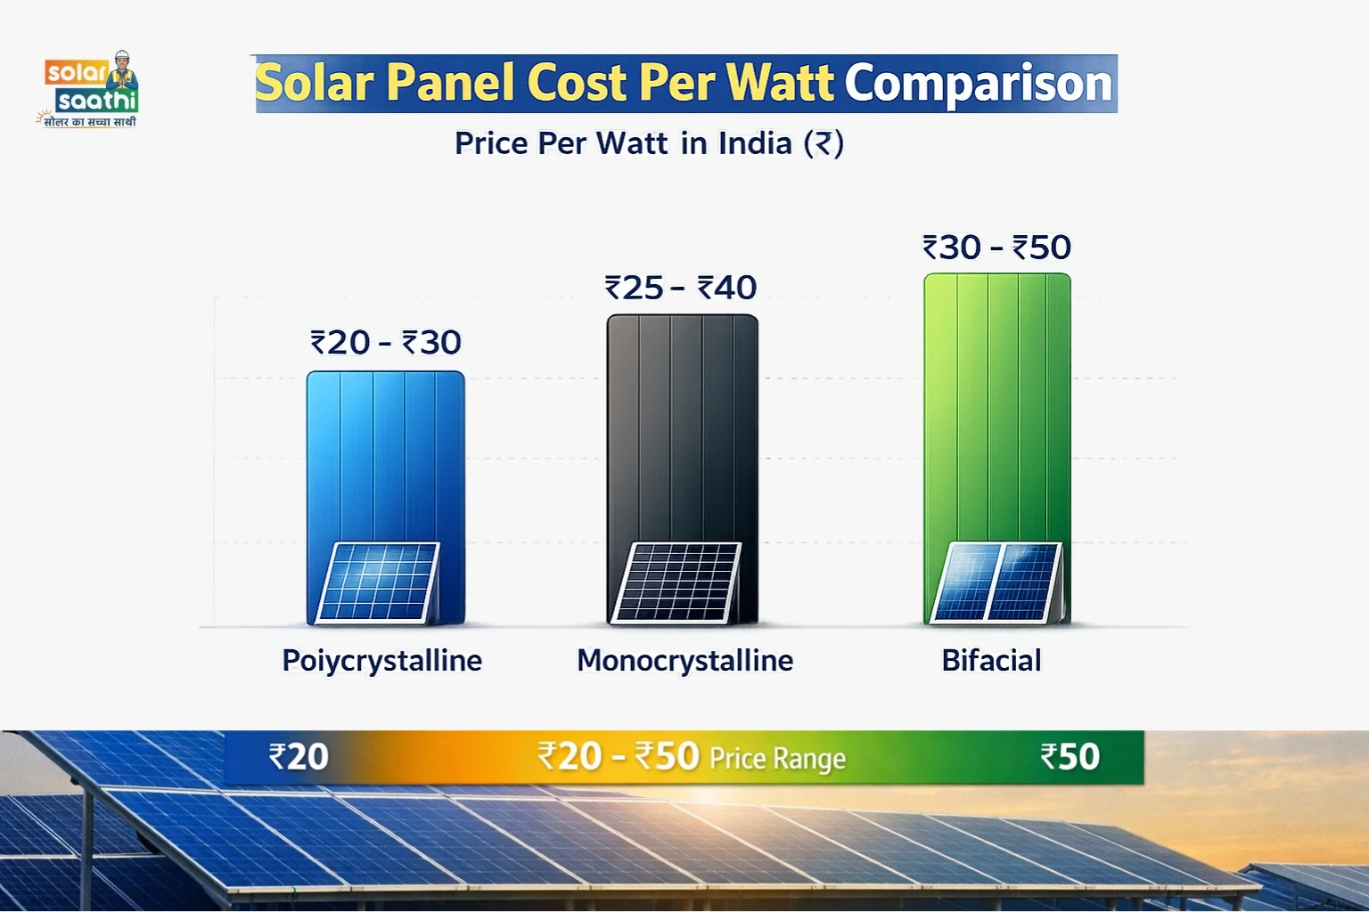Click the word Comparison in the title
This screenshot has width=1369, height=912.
(979, 83)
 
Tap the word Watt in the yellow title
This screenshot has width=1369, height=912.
(780, 83)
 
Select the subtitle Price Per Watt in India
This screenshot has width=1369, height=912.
(649, 143)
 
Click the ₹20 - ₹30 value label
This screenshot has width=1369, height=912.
(385, 342)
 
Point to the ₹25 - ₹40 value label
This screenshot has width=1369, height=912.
(681, 288)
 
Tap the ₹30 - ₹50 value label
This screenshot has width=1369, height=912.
(996, 248)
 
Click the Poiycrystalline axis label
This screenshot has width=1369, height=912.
(381, 661)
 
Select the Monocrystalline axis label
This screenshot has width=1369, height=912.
(684, 661)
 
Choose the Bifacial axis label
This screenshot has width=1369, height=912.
(991, 661)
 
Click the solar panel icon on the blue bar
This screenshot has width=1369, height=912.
(379, 582)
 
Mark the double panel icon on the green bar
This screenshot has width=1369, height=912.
(996, 582)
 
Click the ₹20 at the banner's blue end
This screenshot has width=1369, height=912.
(299, 757)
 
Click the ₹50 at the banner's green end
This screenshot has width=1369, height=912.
(1070, 757)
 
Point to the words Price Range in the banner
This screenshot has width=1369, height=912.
(777, 759)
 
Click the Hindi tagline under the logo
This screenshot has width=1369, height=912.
(89, 121)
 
